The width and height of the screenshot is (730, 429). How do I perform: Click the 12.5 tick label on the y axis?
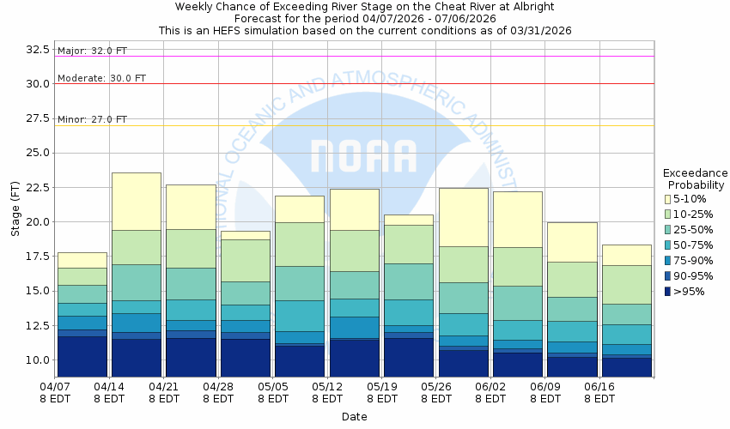click(x=37, y=325)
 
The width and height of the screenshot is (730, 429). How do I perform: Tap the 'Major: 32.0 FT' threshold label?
click(x=93, y=51)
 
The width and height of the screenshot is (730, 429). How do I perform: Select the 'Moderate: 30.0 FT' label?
click(x=101, y=78)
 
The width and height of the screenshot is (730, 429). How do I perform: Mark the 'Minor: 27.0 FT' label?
click(x=92, y=119)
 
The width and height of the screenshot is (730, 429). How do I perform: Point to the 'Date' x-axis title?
click(x=354, y=417)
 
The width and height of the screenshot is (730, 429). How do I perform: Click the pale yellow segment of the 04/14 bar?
click(x=137, y=201)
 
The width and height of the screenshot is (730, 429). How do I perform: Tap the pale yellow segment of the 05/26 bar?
click(x=463, y=217)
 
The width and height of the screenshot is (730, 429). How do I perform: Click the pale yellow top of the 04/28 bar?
click(x=245, y=235)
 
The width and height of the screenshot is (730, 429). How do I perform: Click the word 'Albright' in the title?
click(x=530, y=7)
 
